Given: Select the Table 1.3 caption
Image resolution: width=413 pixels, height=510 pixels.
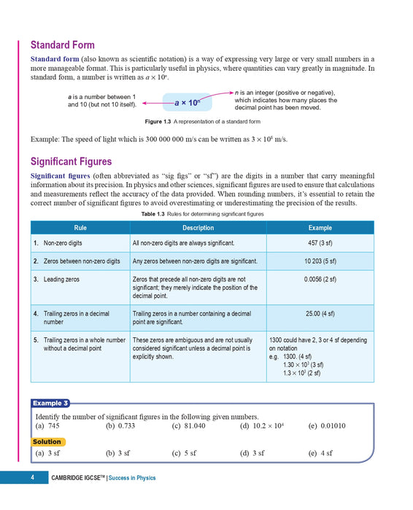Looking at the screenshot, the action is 202,214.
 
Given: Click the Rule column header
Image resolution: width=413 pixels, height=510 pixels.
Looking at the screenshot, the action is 80,227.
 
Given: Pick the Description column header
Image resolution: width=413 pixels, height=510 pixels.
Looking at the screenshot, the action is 198,227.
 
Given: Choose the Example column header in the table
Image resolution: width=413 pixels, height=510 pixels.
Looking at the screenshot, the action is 320,227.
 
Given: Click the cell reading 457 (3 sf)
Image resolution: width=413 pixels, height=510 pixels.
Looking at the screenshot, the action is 320,243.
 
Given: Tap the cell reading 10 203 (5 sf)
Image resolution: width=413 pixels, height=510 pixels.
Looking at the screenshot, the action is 320,260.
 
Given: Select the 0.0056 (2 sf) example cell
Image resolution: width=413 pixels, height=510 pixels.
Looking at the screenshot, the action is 320,279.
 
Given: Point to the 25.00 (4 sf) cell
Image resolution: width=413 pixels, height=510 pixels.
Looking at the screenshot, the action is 320,313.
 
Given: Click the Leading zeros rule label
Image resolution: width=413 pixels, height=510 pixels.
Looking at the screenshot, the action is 62,279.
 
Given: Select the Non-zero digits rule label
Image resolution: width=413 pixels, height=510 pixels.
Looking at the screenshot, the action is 64,243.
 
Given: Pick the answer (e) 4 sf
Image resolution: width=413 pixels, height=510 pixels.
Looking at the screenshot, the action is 320,453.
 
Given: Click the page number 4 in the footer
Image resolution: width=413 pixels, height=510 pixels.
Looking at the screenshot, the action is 32,478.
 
